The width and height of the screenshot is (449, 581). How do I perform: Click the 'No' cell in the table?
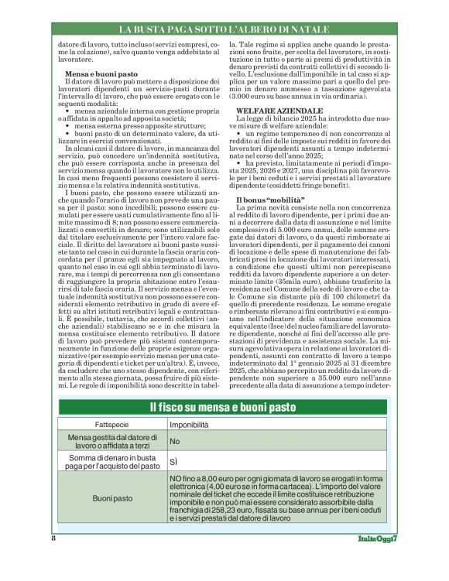[x=175, y=441]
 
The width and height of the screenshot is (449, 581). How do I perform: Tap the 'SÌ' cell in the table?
[x=175, y=463]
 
